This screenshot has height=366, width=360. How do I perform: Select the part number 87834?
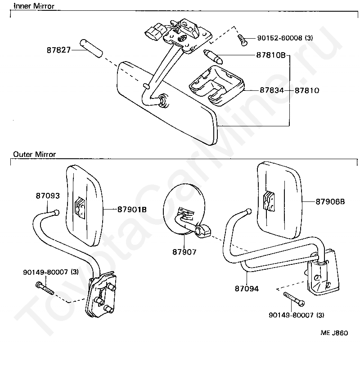271,90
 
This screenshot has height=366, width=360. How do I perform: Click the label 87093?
47,196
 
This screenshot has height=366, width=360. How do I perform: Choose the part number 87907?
184,252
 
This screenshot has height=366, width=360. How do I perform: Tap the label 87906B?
330,202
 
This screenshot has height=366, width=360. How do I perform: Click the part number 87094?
246,289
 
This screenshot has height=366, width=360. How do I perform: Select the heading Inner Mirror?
34,6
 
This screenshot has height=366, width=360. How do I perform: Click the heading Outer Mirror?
34,154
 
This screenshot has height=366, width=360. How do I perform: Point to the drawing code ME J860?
334,333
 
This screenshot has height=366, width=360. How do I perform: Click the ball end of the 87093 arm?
56,213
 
